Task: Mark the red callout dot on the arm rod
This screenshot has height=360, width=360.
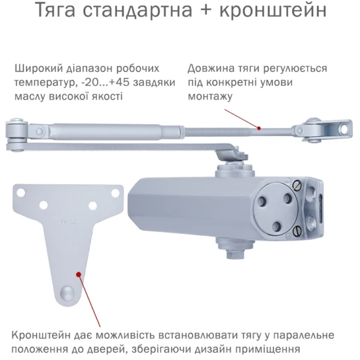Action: (x=259, y=128)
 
